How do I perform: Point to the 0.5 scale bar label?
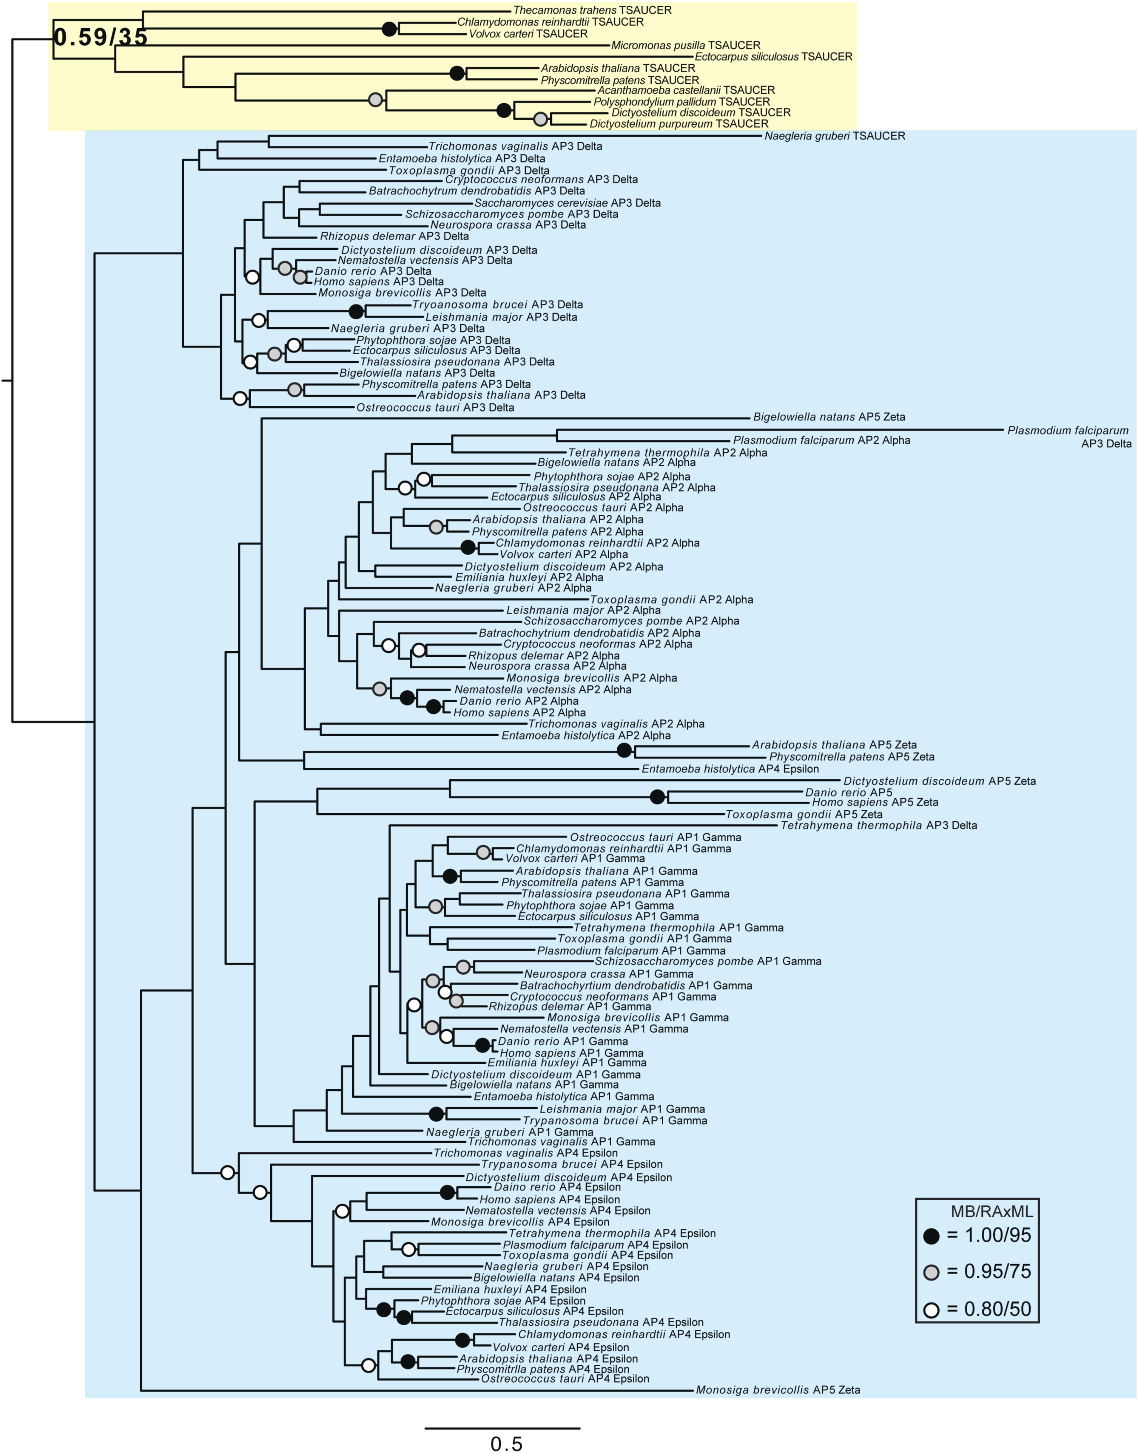click(x=506, y=1443)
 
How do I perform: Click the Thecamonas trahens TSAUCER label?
click(x=592, y=10)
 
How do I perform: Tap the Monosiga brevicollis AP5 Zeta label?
click(x=778, y=1390)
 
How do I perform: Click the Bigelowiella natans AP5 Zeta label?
click(x=829, y=417)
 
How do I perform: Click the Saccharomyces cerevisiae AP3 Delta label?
click(x=567, y=203)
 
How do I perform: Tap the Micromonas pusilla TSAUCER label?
click(x=686, y=45)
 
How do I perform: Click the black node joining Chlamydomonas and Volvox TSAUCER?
click(x=389, y=29)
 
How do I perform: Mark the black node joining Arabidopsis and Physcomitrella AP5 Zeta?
click(x=624, y=750)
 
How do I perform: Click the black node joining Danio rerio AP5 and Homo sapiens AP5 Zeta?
click(x=657, y=796)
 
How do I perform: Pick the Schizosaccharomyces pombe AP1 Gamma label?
click(x=707, y=961)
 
